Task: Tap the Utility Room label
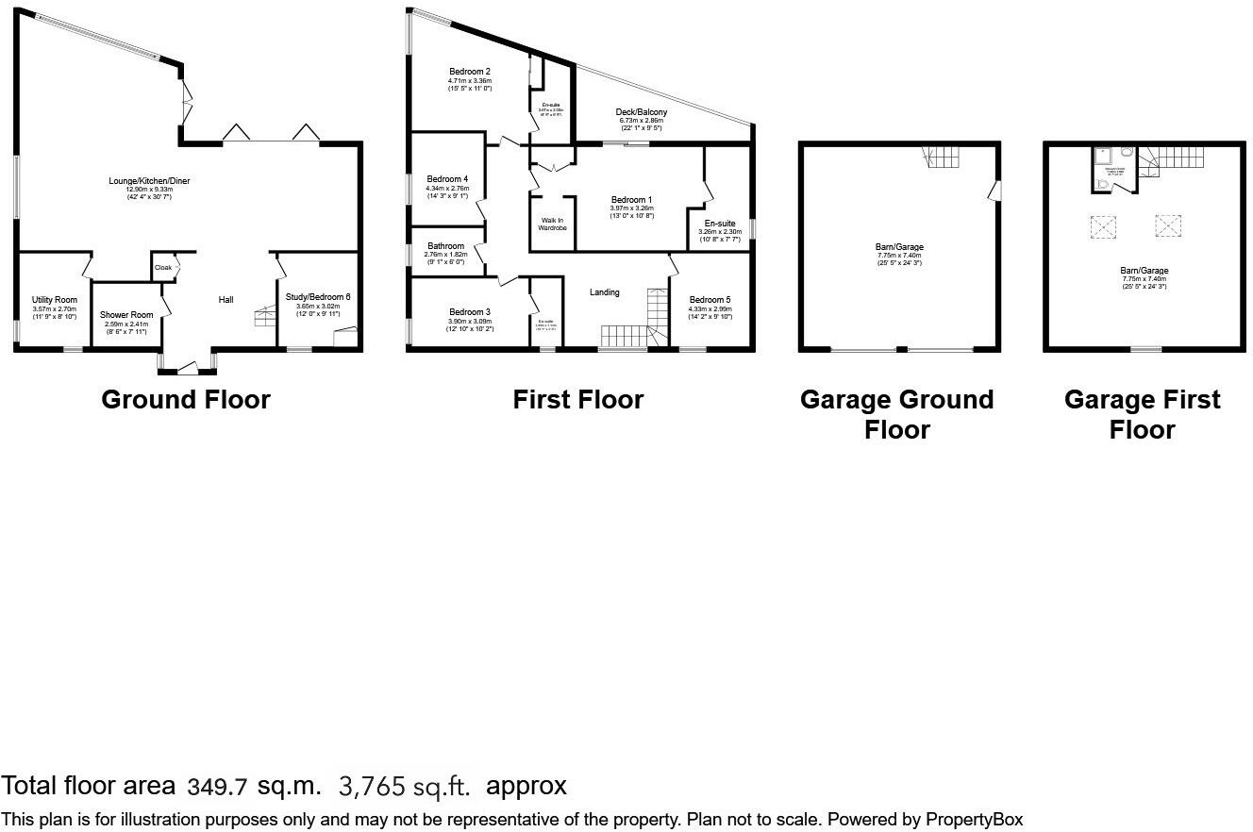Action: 54,299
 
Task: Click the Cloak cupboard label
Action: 162,267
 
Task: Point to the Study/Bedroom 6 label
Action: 317,296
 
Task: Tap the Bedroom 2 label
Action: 469,72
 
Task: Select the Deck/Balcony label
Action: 642,112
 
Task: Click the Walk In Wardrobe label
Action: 552,223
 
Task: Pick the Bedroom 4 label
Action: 447,179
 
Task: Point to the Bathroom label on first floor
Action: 445,246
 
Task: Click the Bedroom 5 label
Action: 710,300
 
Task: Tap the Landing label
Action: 605,292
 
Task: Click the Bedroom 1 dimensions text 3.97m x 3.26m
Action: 631,208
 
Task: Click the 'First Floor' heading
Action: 577,400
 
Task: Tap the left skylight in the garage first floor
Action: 1103,226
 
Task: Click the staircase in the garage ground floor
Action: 944,158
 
